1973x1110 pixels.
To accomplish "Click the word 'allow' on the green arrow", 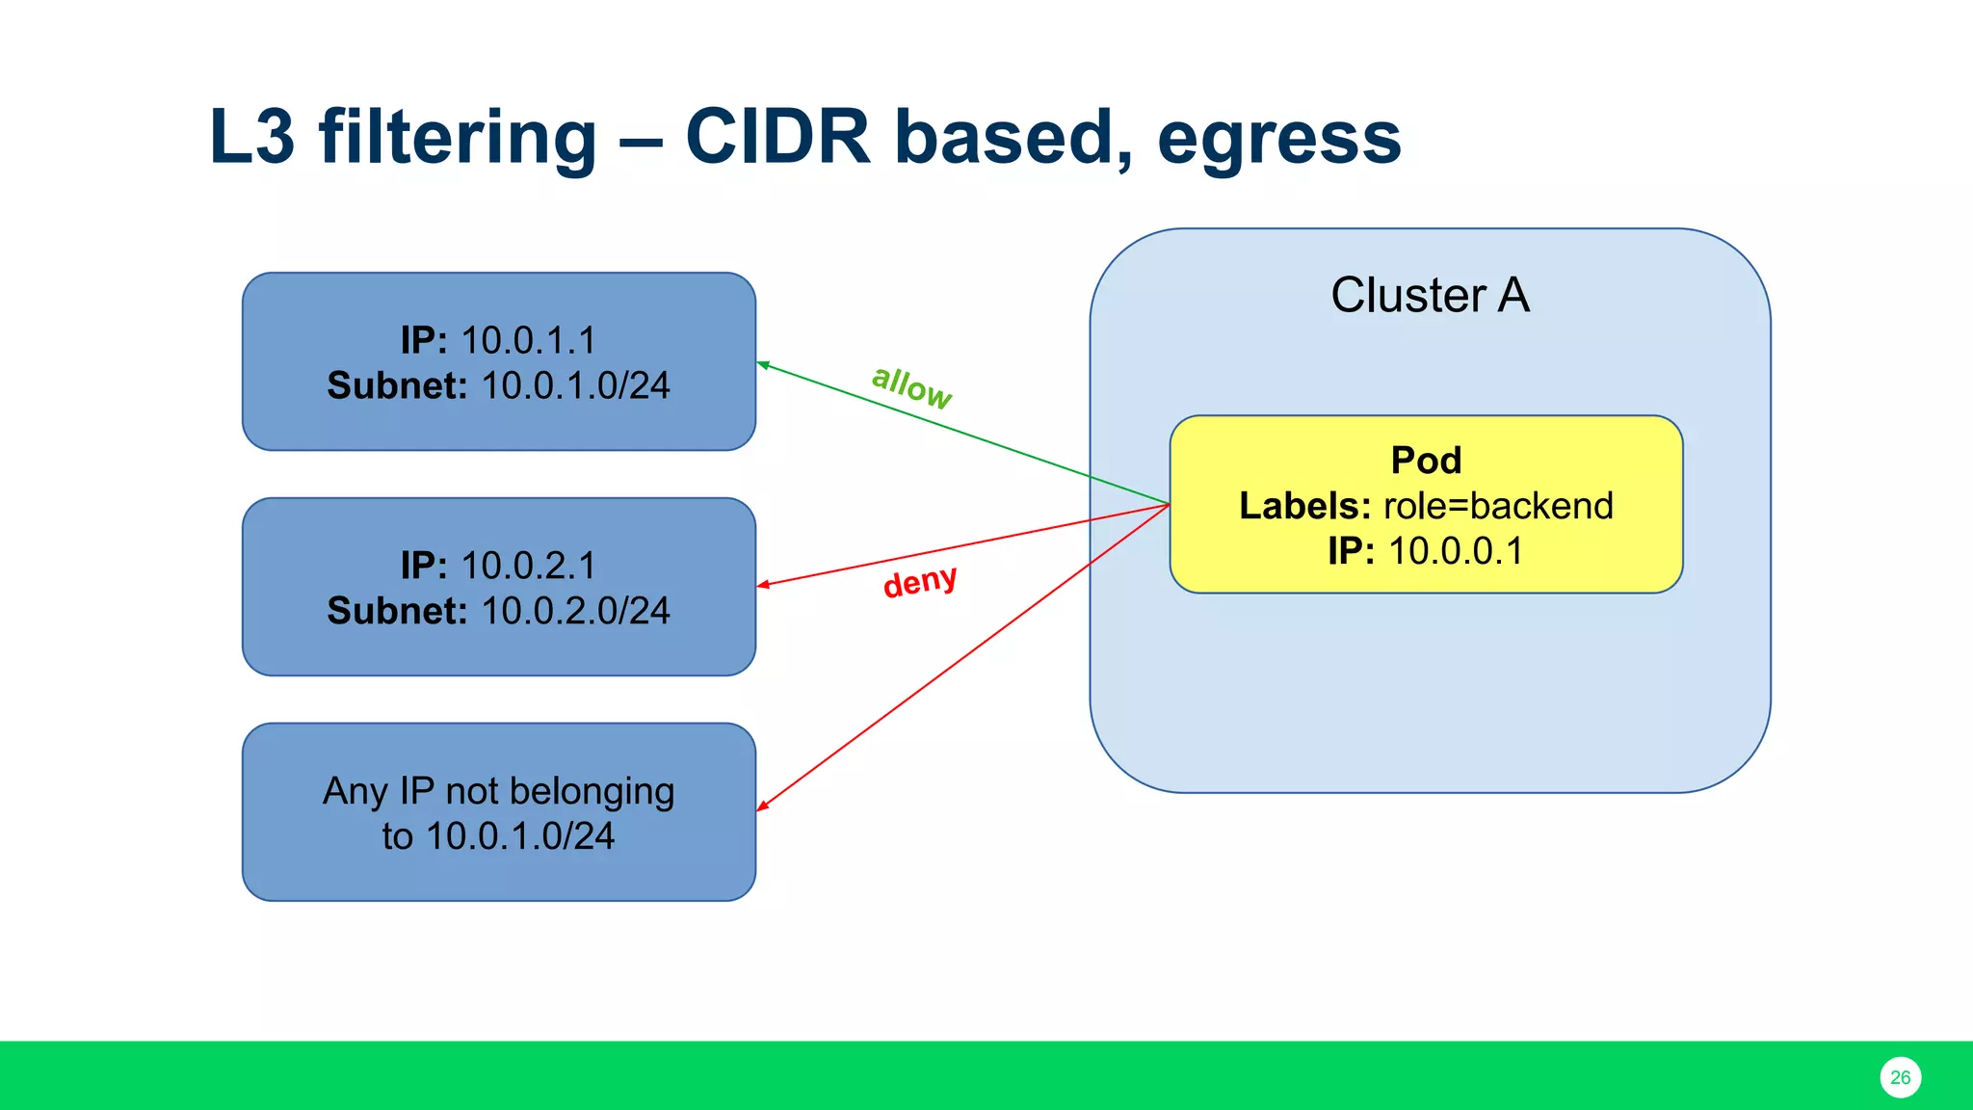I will point(911,386).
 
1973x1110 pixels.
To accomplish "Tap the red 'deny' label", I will point(920,581).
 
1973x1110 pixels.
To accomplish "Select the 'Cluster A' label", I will point(1430,295).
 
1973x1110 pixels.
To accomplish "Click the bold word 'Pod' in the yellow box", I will point(1426,461).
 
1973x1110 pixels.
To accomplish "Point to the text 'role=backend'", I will point(1498,506).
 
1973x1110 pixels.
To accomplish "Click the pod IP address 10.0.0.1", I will point(1456,551).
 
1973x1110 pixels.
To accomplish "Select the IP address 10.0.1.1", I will point(528,340).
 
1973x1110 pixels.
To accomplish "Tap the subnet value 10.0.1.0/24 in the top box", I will point(575,385).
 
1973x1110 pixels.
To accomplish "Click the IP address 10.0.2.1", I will point(528,566).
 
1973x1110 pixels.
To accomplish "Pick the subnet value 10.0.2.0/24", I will point(575,611).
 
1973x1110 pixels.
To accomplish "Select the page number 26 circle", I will point(1900,1077).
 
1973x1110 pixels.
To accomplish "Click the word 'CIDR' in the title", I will point(777,137).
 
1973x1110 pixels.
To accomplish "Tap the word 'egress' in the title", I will point(1278,137).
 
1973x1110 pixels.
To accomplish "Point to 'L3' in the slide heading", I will point(251,137).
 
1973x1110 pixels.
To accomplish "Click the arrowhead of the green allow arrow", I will point(763,364).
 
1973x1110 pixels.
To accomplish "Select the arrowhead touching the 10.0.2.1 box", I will point(763,584).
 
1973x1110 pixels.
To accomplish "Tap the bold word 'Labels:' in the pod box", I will point(1304,506).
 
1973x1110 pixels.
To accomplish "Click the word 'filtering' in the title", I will point(458,137).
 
